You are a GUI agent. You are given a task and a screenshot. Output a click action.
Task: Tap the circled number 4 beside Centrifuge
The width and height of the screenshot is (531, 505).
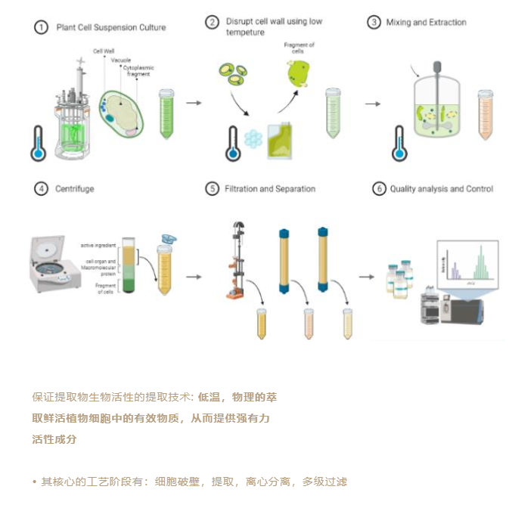point(41,189)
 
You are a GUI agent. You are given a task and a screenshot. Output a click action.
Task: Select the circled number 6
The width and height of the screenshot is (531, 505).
point(379,189)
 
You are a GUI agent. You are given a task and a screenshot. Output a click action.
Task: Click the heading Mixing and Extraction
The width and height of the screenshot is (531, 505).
point(427,23)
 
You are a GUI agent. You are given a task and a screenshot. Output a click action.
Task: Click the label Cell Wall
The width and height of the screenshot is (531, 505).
point(104,51)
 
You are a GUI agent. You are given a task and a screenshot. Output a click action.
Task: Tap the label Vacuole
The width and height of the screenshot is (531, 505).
point(122,60)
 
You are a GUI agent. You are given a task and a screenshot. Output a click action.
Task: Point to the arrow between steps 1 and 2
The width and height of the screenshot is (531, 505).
point(194,103)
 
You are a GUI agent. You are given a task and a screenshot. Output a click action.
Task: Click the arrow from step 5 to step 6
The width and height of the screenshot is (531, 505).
point(366,277)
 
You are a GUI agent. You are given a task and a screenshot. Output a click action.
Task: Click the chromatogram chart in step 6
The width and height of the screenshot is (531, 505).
point(467,262)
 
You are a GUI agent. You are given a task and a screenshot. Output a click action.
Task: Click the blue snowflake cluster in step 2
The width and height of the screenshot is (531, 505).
point(253,138)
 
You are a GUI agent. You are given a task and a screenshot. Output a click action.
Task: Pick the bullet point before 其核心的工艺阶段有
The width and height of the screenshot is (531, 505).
point(35,482)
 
